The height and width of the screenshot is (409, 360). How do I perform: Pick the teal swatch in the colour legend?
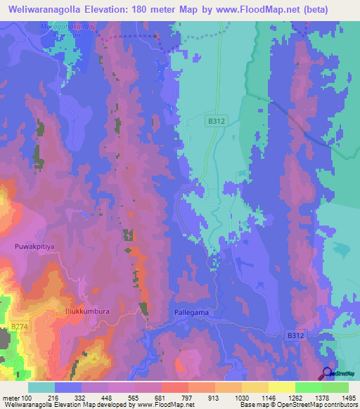click(x=41, y=387)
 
